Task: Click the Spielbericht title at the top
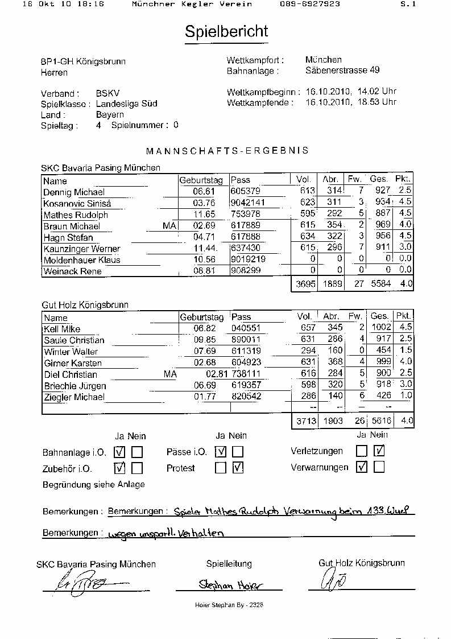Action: [226, 32]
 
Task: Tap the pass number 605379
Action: [246, 192]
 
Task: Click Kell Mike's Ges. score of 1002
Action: [380, 328]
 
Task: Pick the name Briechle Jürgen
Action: [75, 386]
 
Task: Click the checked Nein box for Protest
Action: [238, 468]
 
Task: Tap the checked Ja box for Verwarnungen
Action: [362, 467]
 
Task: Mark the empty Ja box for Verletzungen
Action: [362, 451]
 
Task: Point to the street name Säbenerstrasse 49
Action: [342, 71]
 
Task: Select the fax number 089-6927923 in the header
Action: [310, 4]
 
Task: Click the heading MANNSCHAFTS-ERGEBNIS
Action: [227, 151]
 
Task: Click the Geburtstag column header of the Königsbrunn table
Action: [202, 317]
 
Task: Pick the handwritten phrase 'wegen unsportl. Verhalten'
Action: [165, 534]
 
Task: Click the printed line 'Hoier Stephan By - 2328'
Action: [225, 605]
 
